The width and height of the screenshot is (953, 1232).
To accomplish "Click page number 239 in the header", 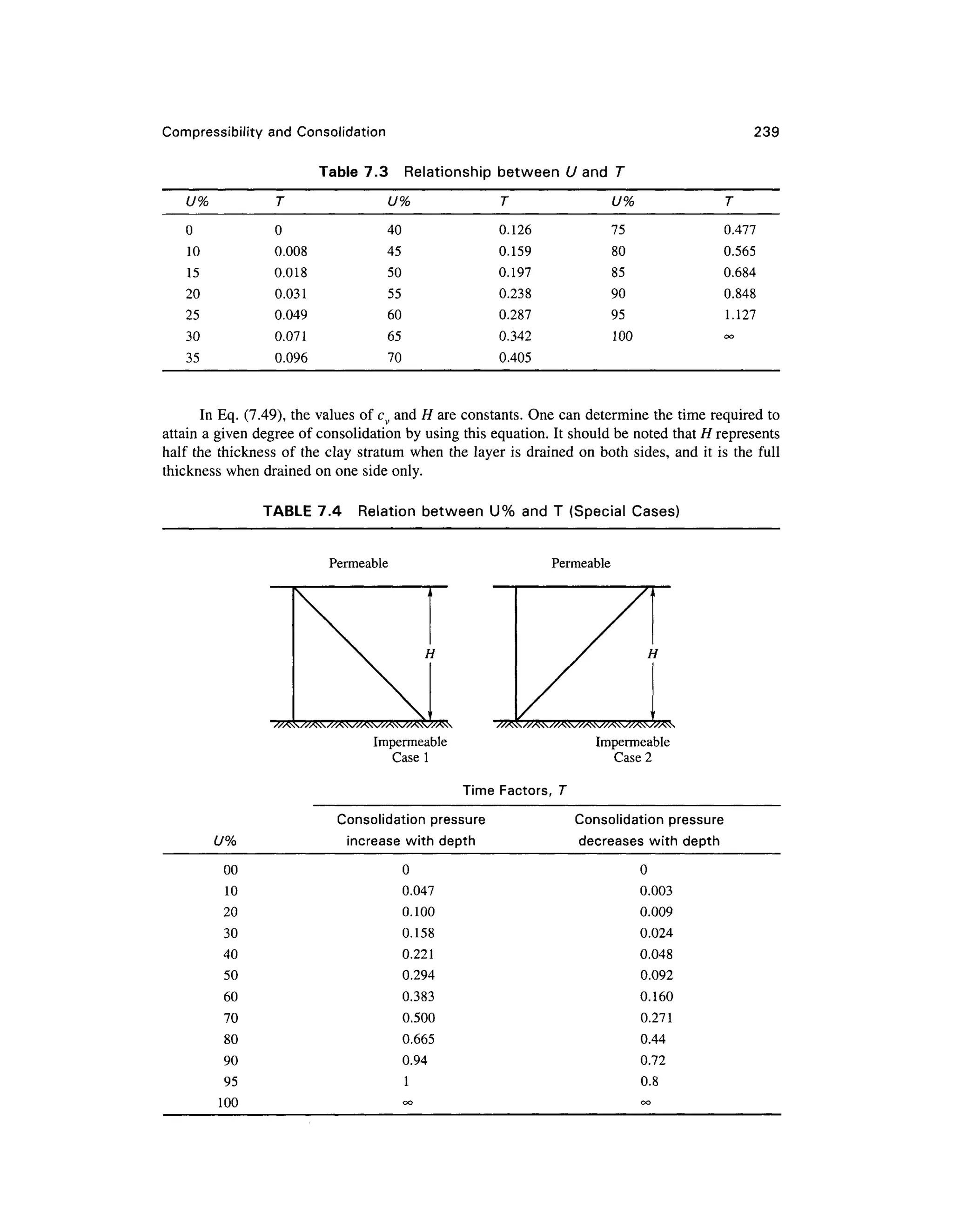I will coord(766,132).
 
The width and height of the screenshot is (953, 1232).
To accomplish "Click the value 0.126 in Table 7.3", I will coord(515,230).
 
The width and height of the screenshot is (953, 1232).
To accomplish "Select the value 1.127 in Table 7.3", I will coord(739,315).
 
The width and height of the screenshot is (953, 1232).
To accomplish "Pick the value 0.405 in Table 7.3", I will coord(515,358).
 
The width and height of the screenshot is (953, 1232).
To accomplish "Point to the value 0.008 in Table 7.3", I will coord(291,251).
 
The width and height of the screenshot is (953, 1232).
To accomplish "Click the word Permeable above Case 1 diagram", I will coord(358,563).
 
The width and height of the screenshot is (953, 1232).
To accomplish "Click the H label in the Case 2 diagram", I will coord(653,654).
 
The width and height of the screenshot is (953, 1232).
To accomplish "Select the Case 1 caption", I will coord(410,758).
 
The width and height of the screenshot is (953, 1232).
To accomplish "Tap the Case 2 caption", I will coord(632,758).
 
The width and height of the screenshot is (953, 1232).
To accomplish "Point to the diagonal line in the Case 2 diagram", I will coord(582,655).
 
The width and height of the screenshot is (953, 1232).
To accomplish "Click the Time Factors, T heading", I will coord(514,790).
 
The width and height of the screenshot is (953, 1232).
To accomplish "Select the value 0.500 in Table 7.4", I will coord(418,1018).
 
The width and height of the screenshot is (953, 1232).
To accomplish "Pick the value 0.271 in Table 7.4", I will coord(656,1018).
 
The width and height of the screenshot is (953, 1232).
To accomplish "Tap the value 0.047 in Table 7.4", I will coord(418,891).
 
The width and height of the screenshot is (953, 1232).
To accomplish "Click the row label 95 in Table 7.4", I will coord(230,1081).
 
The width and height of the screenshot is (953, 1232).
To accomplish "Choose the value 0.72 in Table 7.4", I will coord(653,1060).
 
